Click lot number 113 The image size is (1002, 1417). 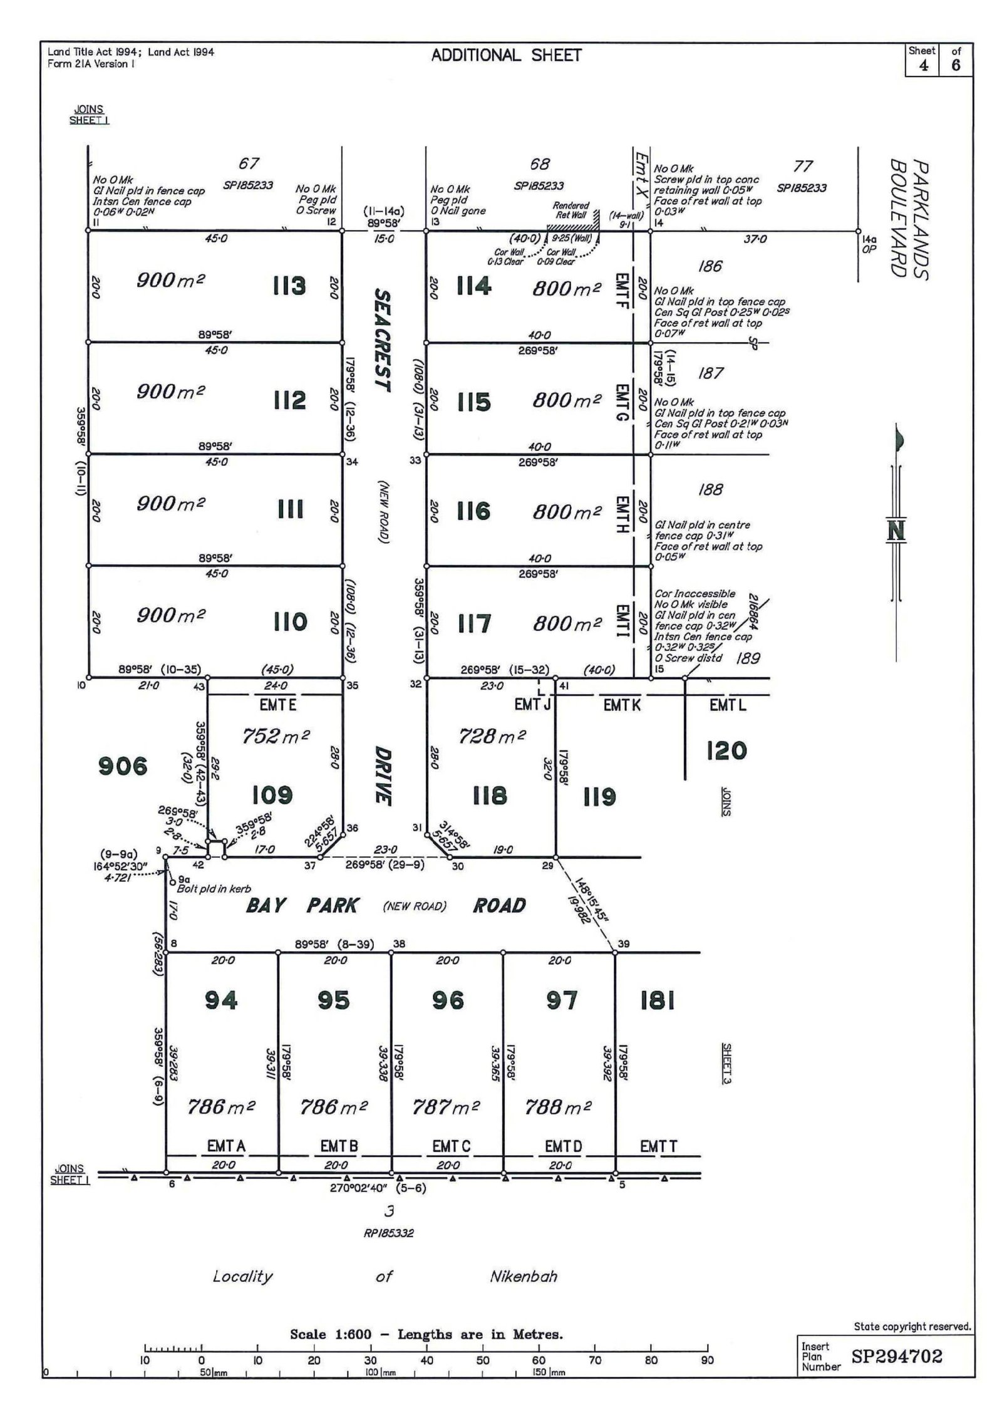click(289, 286)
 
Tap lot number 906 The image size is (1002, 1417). click(123, 766)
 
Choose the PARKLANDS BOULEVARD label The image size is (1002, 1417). click(909, 219)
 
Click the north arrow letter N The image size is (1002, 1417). click(896, 531)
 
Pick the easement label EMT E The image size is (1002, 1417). click(277, 705)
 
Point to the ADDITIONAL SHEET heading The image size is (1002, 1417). click(506, 55)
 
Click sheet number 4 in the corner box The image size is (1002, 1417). click(923, 65)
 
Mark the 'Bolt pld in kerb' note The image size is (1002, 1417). click(214, 888)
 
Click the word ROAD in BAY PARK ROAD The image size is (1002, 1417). click(499, 905)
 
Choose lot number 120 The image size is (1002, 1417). click(726, 750)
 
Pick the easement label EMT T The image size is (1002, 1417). click(658, 1146)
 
